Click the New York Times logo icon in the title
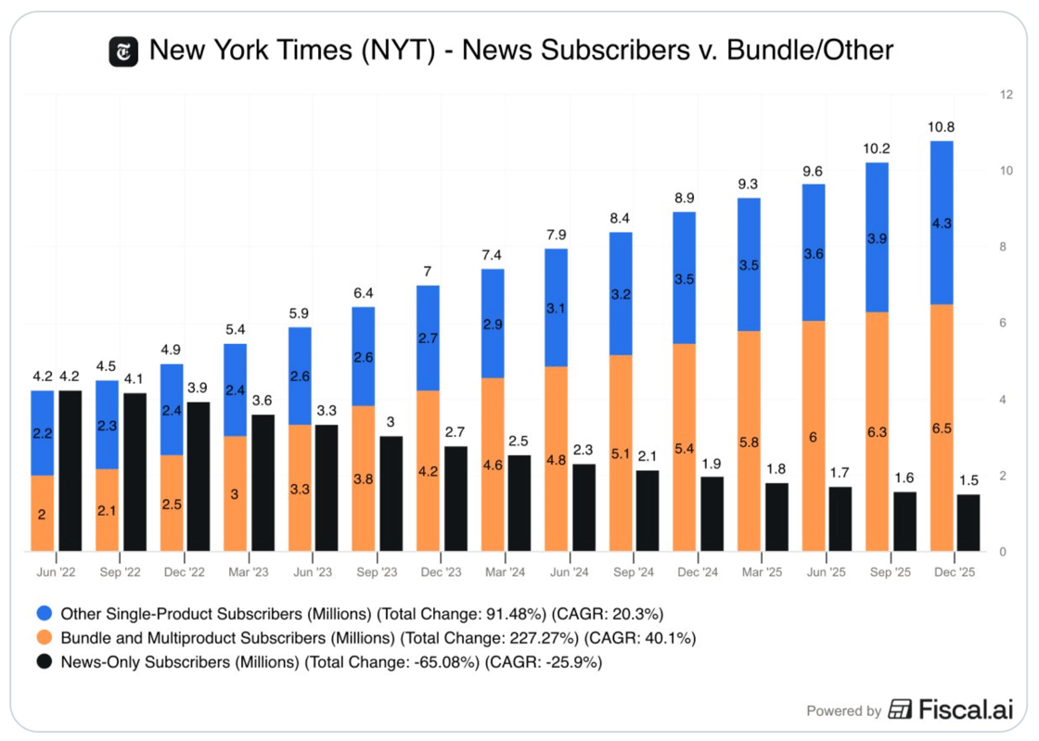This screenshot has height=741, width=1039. pyautogui.click(x=123, y=50)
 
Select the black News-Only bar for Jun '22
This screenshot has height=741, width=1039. pyautogui.click(x=71, y=470)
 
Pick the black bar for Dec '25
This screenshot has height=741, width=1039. pyautogui.click(x=968, y=522)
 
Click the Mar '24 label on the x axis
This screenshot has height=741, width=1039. pyautogui.click(x=506, y=573)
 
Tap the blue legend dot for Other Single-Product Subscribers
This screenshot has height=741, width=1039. pyautogui.click(x=43, y=614)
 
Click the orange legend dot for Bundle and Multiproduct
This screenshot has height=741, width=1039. pyautogui.click(x=43, y=638)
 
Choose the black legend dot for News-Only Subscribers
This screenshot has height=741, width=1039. pyautogui.click(x=43, y=662)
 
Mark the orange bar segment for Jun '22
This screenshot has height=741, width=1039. pyautogui.click(x=42, y=513)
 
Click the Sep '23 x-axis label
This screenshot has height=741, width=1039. pyautogui.click(x=377, y=573)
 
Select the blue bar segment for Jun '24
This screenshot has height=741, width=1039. pyautogui.click(x=557, y=307)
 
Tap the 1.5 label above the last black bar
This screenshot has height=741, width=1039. pyautogui.click(x=968, y=480)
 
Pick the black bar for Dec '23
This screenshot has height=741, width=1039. pyautogui.click(x=456, y=499)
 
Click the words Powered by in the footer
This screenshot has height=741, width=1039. pyautogui.click(x=843, y=711)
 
